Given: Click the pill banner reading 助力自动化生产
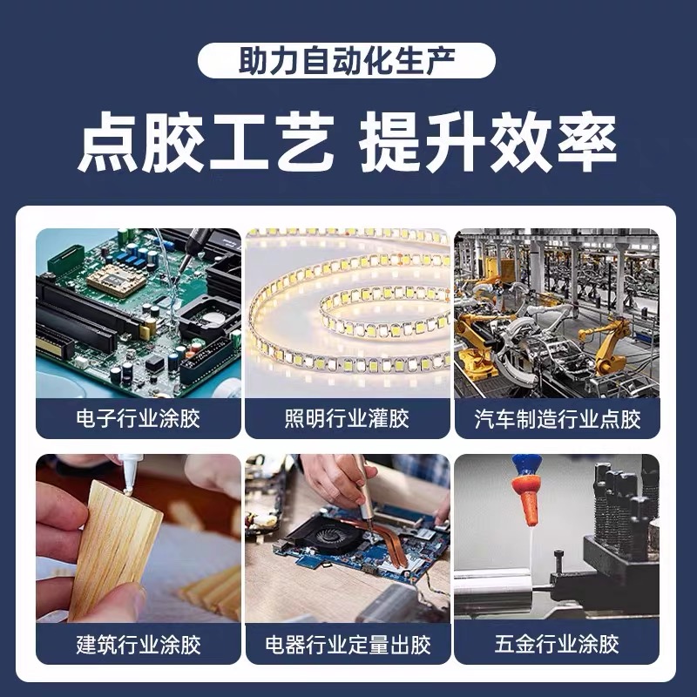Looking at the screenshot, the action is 346,60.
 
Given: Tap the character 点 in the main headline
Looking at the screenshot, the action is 107,141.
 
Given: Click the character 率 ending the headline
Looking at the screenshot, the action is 586,141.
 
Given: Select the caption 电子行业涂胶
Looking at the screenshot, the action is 139,418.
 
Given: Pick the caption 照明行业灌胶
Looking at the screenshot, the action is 347,418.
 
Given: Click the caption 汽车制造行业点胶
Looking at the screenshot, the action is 557,419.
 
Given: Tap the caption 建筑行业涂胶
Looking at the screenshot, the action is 139,645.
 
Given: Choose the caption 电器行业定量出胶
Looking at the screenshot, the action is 348,645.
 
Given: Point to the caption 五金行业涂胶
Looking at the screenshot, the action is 557,644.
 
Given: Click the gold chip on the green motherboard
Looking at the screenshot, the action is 116,280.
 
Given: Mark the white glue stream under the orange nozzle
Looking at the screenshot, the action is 531,551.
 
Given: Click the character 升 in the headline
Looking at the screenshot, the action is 453,141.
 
